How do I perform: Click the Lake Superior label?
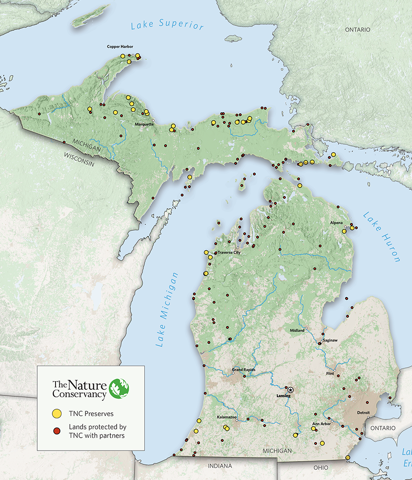[x=167, y=25]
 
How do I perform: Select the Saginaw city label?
[x=330, y=340]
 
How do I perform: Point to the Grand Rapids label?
[x=243, y=370]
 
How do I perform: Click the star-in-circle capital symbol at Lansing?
[x=290, y=389]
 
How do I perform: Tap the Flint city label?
[x=330, y=374]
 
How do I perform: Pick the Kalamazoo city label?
[x=226, y=417]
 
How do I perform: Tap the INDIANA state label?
[x=220, y=466]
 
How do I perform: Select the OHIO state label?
[x=321, y=467]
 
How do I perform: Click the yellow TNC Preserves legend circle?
[x=57, y=413]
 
